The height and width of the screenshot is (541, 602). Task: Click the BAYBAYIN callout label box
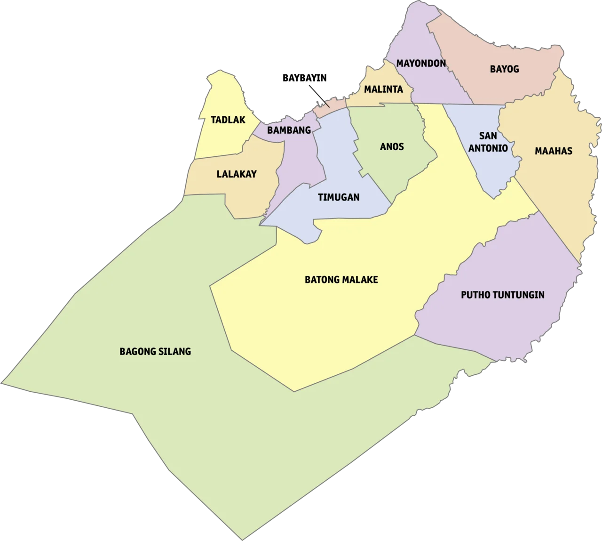pyautogui.click(x=304, y=78)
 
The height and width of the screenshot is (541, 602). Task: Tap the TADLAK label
pyautogui.click(x=228, y=120)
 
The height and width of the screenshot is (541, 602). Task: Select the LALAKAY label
pyautogui.click(x=237, y=174)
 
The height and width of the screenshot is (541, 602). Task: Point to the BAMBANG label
pyautogui.click(x=289, y=130)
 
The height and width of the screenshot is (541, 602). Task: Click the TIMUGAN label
pyautogui.click(x=339, y=197)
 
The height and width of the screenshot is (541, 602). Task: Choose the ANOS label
pyautogui.click(x=392, y=147)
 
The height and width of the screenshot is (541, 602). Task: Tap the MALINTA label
pyautogui.click(x=383, y=89)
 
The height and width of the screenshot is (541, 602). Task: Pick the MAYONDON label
pyautogui.click(x=421, y=63)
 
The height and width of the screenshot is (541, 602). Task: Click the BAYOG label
pyautogui.click(x=504, y=69)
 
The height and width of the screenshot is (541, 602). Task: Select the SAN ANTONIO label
pyautogui.click(x=488, y=142)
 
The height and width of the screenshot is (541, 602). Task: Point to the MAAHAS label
pyautogui.click(x=554, y=151)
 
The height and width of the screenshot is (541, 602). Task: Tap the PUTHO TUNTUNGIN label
pyautogui.click(x=502, y=295)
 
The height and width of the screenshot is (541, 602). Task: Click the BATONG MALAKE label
pyautogui.click(x=341, y=280)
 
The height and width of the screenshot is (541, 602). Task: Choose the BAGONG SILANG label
pyautogui.click(x=155, y=351)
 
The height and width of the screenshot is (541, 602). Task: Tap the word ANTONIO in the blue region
pyautogui.click(x=488, y=148)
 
